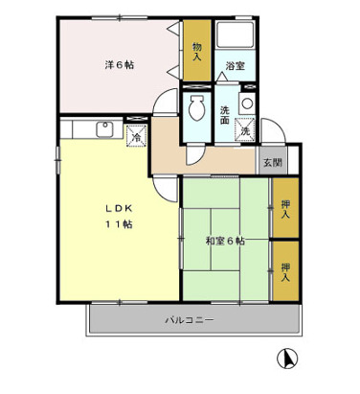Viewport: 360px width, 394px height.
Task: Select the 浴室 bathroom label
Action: pyautogui.click(x=234, y=65)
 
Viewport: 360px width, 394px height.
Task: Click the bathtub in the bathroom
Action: pyautogui.click(x=234, y=37)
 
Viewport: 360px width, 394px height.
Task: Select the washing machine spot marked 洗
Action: pyautogui.click(x=245, y=129)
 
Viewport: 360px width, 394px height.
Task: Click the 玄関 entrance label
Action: pyautogui.click(x=272, y=162)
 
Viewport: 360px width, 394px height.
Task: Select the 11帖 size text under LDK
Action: pyautogui.click(x=120, y=223)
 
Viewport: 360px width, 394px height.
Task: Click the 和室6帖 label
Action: pyautogui.click(x=224, y=241)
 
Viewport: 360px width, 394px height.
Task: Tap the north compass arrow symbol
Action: pyautogui.click(x=283, y=360)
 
